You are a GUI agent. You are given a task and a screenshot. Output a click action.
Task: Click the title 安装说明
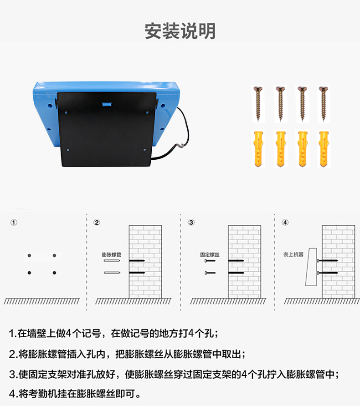click(x=180, y=31)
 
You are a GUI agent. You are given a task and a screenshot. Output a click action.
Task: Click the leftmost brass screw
click(x=258, y=104)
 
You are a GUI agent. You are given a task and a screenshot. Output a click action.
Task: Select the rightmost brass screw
click(x=324, y=104)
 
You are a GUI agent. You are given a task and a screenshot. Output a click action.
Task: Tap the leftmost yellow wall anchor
click(x=258, y=149)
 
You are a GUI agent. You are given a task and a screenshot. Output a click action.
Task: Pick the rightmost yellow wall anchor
click(x=324, y=149)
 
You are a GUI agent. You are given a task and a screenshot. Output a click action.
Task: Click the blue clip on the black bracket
click(x=107, y=104)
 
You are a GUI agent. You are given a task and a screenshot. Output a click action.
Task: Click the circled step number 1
click(x=14, y=223)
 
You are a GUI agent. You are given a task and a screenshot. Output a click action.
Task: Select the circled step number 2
click(x=97, y=223)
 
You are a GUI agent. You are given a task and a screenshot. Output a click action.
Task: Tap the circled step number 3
click(x=191, y=223)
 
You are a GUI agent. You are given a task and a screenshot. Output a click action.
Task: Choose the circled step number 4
click(x=285, y=223)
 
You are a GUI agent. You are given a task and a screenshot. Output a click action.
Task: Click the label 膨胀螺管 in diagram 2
click(x=112, y=254)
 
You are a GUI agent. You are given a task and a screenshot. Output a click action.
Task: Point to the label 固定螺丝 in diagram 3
click(x=210, y=254)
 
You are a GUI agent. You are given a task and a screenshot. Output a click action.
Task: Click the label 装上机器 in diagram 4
click(x=293, y=254)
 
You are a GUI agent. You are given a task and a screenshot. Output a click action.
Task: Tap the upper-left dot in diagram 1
click(x=29, y=255)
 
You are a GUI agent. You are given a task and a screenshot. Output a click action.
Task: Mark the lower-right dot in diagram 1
click(x=54, y=273)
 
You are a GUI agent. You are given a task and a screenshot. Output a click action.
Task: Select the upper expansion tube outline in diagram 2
click(x=112, y=260)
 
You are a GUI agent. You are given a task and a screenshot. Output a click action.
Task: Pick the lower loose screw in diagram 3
click(x=210, y=273)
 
